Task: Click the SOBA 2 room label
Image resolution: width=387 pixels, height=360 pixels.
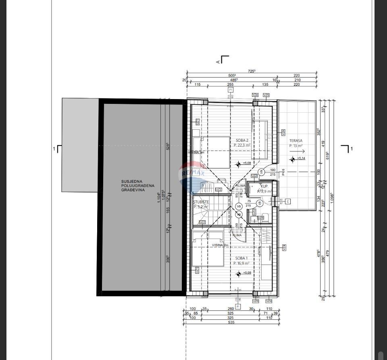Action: pos(242,141)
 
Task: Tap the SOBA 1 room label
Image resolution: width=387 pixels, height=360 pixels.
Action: pos(241,258)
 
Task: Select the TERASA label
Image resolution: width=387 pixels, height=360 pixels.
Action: pos(295,141)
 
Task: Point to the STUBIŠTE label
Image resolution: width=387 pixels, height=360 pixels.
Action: pos(201,202)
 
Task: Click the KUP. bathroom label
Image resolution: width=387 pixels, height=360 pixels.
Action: pos(264,186)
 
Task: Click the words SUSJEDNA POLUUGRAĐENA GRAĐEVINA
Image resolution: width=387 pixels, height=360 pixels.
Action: pos(133,186)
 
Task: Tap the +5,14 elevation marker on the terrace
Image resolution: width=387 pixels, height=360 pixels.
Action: pos(302,158)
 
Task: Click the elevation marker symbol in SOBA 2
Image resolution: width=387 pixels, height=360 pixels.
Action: pos(239,164)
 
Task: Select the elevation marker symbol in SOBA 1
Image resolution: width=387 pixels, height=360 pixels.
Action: pos(239,274)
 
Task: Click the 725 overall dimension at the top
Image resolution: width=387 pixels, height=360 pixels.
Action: pos(252,71)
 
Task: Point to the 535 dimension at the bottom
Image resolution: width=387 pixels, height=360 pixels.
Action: pos(231,322)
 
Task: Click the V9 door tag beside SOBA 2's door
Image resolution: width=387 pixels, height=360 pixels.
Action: pos(261,172)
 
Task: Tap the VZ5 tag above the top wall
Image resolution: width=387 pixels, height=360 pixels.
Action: pos(266,95)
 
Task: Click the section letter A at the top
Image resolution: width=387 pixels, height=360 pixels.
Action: pos(218,62)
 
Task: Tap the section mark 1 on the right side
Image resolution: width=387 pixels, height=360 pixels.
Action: pos(352,149)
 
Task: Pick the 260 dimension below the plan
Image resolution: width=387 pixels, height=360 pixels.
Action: pos(231,309)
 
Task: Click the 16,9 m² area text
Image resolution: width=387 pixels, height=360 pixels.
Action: pos(241,263)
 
